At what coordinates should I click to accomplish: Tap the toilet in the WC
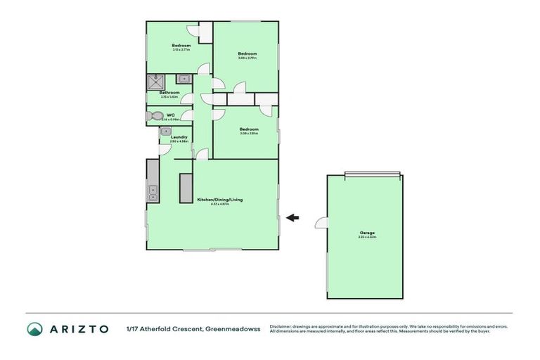tap(155, 116)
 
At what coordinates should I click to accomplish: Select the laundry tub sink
tap(165, 131)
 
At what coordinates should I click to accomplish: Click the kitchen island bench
tap(186, 188)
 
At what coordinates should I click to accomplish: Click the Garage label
tap(366, 233)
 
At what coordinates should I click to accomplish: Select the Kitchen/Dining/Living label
tap(220, 200)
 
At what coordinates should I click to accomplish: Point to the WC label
tap(170, 115)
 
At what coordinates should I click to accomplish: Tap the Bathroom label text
tap(169, 93)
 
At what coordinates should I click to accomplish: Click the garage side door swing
tap(321, 223)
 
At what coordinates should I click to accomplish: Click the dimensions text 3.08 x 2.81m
tap(249, 134)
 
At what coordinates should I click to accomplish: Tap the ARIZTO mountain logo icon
tap(35, 328)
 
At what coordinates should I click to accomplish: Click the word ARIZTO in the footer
tap(78, 328)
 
